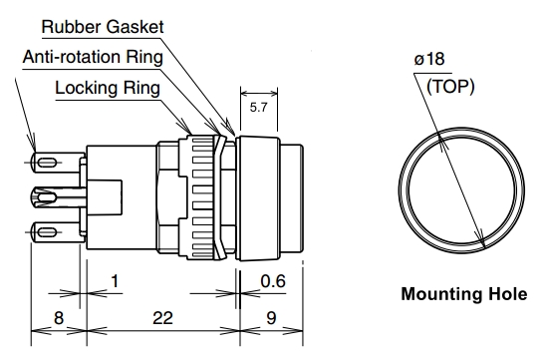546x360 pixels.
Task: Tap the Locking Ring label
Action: [108, 88]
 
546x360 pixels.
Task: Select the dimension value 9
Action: [273, 318]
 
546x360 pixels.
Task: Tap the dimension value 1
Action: [116, 283]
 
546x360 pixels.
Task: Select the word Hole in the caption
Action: [504, 296]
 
